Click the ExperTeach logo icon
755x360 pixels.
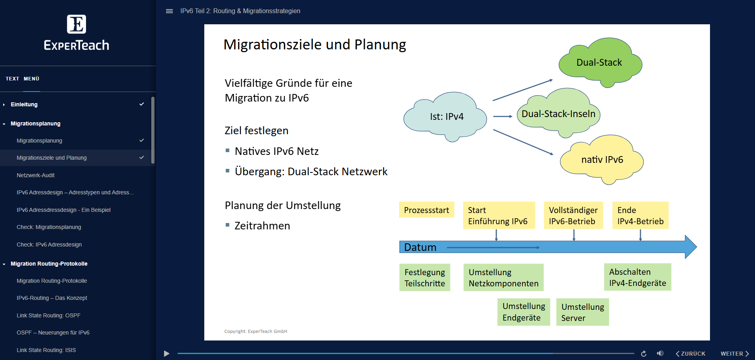click(76, 24)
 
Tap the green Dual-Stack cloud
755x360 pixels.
click(599, 63)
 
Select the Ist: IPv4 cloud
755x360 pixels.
click(446, 117)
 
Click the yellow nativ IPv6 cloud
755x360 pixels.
click(602, 160)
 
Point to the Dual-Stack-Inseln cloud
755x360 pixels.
click(558, 114)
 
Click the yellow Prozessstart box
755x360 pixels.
click(426, 210)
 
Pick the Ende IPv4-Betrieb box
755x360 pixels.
click(640, 215)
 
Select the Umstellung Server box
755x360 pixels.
click(582, 312)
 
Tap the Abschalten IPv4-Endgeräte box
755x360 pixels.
click(637, 277)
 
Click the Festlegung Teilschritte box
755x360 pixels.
click(424, 278)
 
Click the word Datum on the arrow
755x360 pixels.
click(420, 247)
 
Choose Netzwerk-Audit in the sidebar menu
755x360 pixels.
click(36, 175)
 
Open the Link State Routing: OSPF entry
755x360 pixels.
click(49, 315)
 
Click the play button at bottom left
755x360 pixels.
click(166, 354)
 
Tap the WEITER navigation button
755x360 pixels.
click(734, 354)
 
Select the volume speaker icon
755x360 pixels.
click(660, 354)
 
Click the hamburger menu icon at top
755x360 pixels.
click(169, 11)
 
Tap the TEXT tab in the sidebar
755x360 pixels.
click(12, 79)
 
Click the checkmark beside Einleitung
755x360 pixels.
click(141, 104)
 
